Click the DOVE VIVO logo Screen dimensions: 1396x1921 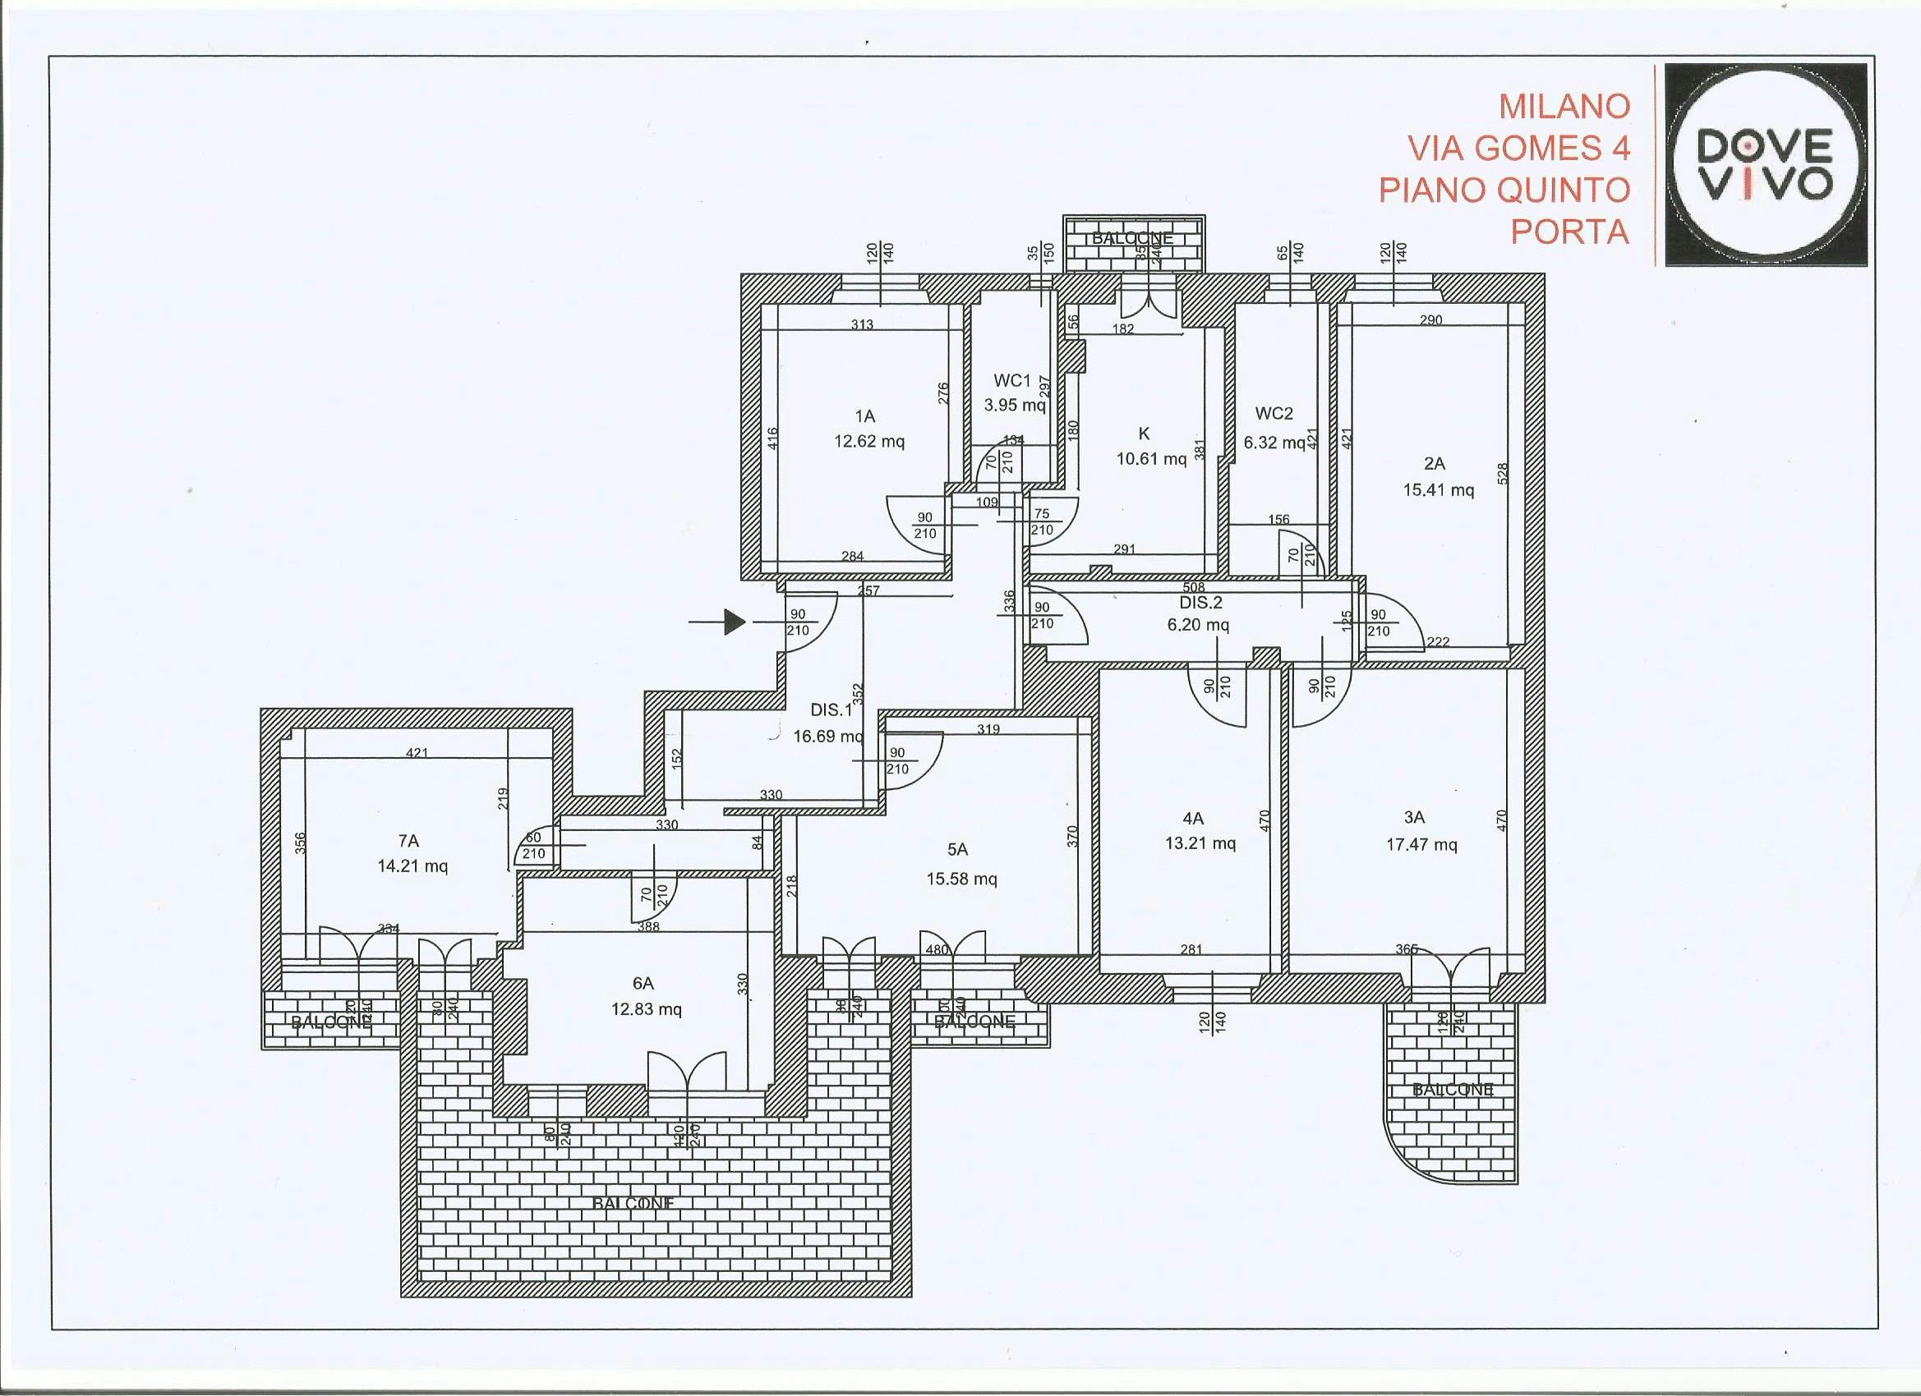(1765, 165)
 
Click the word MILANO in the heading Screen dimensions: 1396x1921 (1564, 107)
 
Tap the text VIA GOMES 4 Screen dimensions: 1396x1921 (1518, 148)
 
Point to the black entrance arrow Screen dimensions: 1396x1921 (734, 622)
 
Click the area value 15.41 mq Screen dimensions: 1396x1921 (1438, 489)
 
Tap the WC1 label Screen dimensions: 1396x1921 (1012, 381)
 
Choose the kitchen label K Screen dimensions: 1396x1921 (1144, 434)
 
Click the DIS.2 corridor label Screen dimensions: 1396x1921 (1200, 603)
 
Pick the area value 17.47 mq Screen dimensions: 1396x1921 (1421, 844)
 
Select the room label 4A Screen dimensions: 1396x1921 (1192, 818)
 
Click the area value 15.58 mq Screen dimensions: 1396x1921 (961, 879)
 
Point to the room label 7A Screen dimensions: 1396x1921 (408, 841)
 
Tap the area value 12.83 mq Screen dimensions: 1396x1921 (647, 1009)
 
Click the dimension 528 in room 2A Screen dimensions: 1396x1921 (1502, 473)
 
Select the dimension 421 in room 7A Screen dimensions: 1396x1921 (417, 751)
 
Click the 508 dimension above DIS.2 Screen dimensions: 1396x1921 (1192, 586)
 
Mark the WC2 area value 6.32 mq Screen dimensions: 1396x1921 (1274, 443)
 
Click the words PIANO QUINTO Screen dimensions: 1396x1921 (1504, 190)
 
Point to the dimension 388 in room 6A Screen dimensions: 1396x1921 (648, 927)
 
